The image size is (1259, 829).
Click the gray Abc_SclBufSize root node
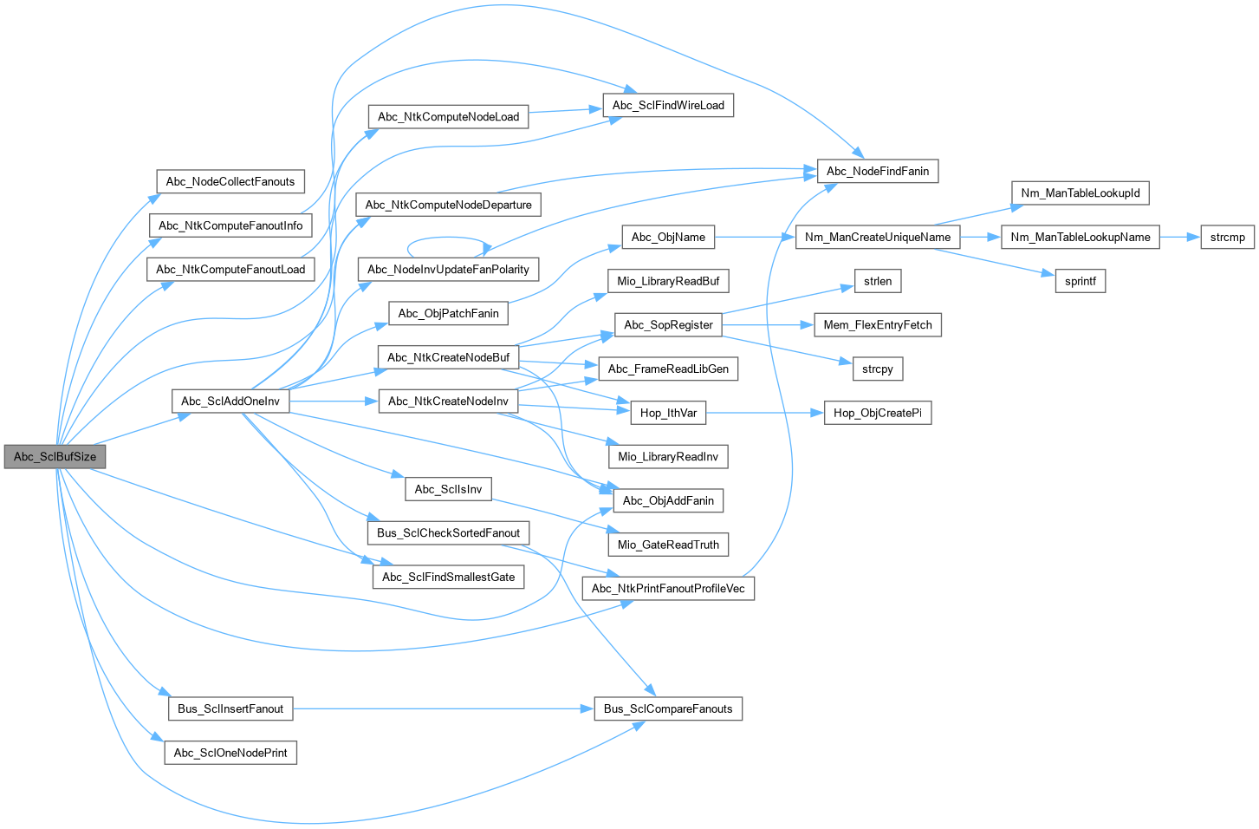pyautogui.click(x=55, y=456)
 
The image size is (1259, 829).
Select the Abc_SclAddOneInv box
pyautogui.click(x=230, y=401)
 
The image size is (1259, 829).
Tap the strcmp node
pyautogui.click(x=1227, y=237)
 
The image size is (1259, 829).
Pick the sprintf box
pyautogui.click(x=1080, y=281)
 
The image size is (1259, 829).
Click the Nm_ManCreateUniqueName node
pyautogui.click(x=877, y=237)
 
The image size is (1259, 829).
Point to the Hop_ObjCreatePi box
pyautogui.click(x=877, y=413)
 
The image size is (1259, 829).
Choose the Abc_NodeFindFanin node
pyautogui.click(x=877, y=171)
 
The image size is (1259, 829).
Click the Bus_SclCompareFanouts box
pyautogui.click(x=667, y=708)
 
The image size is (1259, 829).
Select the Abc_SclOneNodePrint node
pyautogui.click(x=230, y=753)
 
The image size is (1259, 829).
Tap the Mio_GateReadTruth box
pyautogui.click(x=667, y=545)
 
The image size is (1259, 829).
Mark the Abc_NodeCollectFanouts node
pyautogui.click(x=230, y=181)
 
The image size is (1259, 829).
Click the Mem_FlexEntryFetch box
pyautogui.click(x=877, y=324)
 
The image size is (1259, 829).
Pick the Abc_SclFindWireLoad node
pyautogui.click(x=667, y=105)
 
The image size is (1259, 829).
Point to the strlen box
pyautogui.click(x=877, y=281)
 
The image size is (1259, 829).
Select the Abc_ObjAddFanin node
pyautogui.click(x=667, y=500)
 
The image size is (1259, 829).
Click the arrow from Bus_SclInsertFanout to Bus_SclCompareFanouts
pyautogui.click(x=442, y=708)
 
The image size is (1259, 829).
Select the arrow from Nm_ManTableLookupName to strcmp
pyautogui.click(x=1179, y=237)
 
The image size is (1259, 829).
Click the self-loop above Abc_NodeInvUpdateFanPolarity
pyautogui.click(x=448, y=238)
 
